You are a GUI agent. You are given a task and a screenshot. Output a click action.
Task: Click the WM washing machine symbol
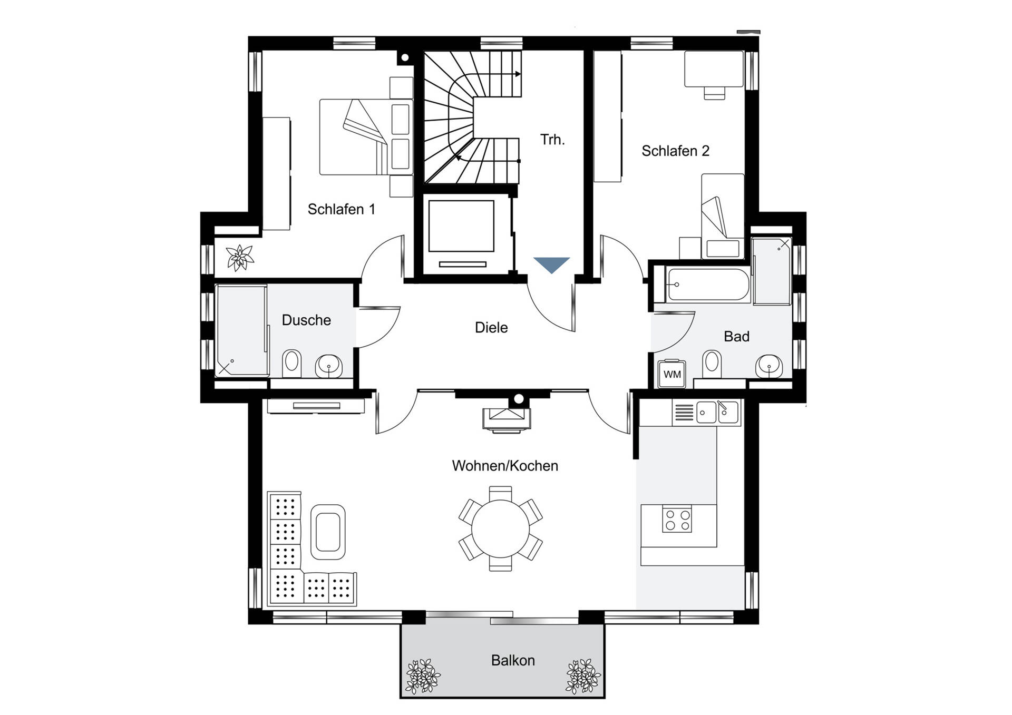672,374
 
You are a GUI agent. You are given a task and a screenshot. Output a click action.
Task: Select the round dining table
500,528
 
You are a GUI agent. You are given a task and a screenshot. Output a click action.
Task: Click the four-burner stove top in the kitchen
677,519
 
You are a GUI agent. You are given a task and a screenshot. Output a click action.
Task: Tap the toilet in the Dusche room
292,363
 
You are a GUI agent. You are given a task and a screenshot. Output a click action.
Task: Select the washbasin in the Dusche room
329,366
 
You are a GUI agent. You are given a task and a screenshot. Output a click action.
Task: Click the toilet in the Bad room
712,364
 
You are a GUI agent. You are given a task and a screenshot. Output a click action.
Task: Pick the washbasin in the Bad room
769,366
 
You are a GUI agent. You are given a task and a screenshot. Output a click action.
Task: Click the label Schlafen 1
342,209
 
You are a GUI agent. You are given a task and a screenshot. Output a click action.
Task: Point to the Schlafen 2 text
675,151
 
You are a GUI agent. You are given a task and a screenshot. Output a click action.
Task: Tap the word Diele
491,327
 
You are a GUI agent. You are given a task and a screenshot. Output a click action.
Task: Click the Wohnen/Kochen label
505,466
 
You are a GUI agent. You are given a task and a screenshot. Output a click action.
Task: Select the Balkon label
513,660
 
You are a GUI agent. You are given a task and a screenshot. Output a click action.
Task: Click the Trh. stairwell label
552,140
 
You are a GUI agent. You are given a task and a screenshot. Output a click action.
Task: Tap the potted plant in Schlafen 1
240,258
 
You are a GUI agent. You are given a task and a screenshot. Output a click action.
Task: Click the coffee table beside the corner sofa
328,532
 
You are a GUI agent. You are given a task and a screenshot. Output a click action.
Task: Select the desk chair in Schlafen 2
714,92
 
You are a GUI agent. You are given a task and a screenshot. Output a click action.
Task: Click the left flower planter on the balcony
423,676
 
